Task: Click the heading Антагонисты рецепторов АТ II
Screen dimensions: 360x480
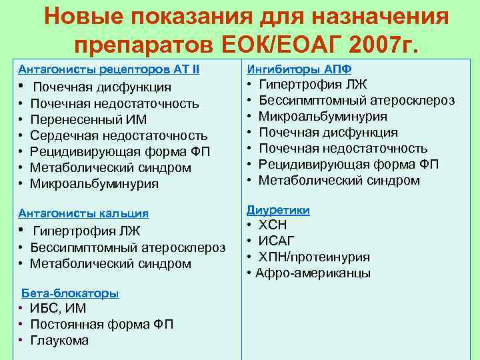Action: point(109,69)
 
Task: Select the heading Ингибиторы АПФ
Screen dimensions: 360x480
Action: point(299,69)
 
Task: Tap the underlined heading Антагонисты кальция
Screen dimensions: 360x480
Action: point(83,213)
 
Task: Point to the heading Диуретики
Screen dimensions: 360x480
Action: point(278,210)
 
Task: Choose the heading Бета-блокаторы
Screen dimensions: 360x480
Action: point(71,293)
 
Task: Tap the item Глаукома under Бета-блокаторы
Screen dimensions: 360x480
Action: point(59,340)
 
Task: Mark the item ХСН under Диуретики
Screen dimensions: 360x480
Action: point(273,225)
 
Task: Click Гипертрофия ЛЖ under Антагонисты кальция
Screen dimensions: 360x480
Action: point(87,232)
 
